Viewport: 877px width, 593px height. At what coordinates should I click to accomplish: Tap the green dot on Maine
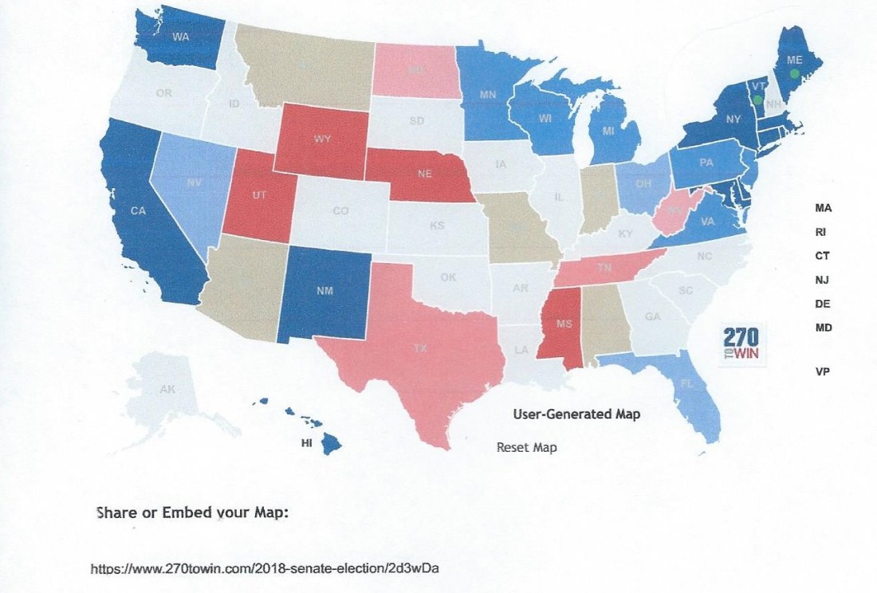click(794, 73)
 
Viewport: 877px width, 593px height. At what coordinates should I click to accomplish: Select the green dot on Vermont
click(757, 100)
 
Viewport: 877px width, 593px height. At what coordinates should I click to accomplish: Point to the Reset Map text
click(526, 448)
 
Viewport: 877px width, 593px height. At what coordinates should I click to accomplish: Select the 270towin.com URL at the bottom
click(265, 568)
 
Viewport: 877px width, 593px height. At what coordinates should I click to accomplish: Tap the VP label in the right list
click(822, 371)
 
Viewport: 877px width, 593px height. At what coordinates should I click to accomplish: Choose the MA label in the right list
click(823, 207)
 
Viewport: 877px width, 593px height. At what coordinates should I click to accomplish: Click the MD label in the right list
click(823, 328)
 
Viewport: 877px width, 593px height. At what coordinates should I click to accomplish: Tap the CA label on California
click(139, 211)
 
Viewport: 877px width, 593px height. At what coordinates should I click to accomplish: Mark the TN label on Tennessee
click(605, 269)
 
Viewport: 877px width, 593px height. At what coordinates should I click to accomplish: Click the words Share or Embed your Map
click(191, 512)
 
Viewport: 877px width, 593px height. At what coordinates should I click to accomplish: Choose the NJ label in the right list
click(823, 279)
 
